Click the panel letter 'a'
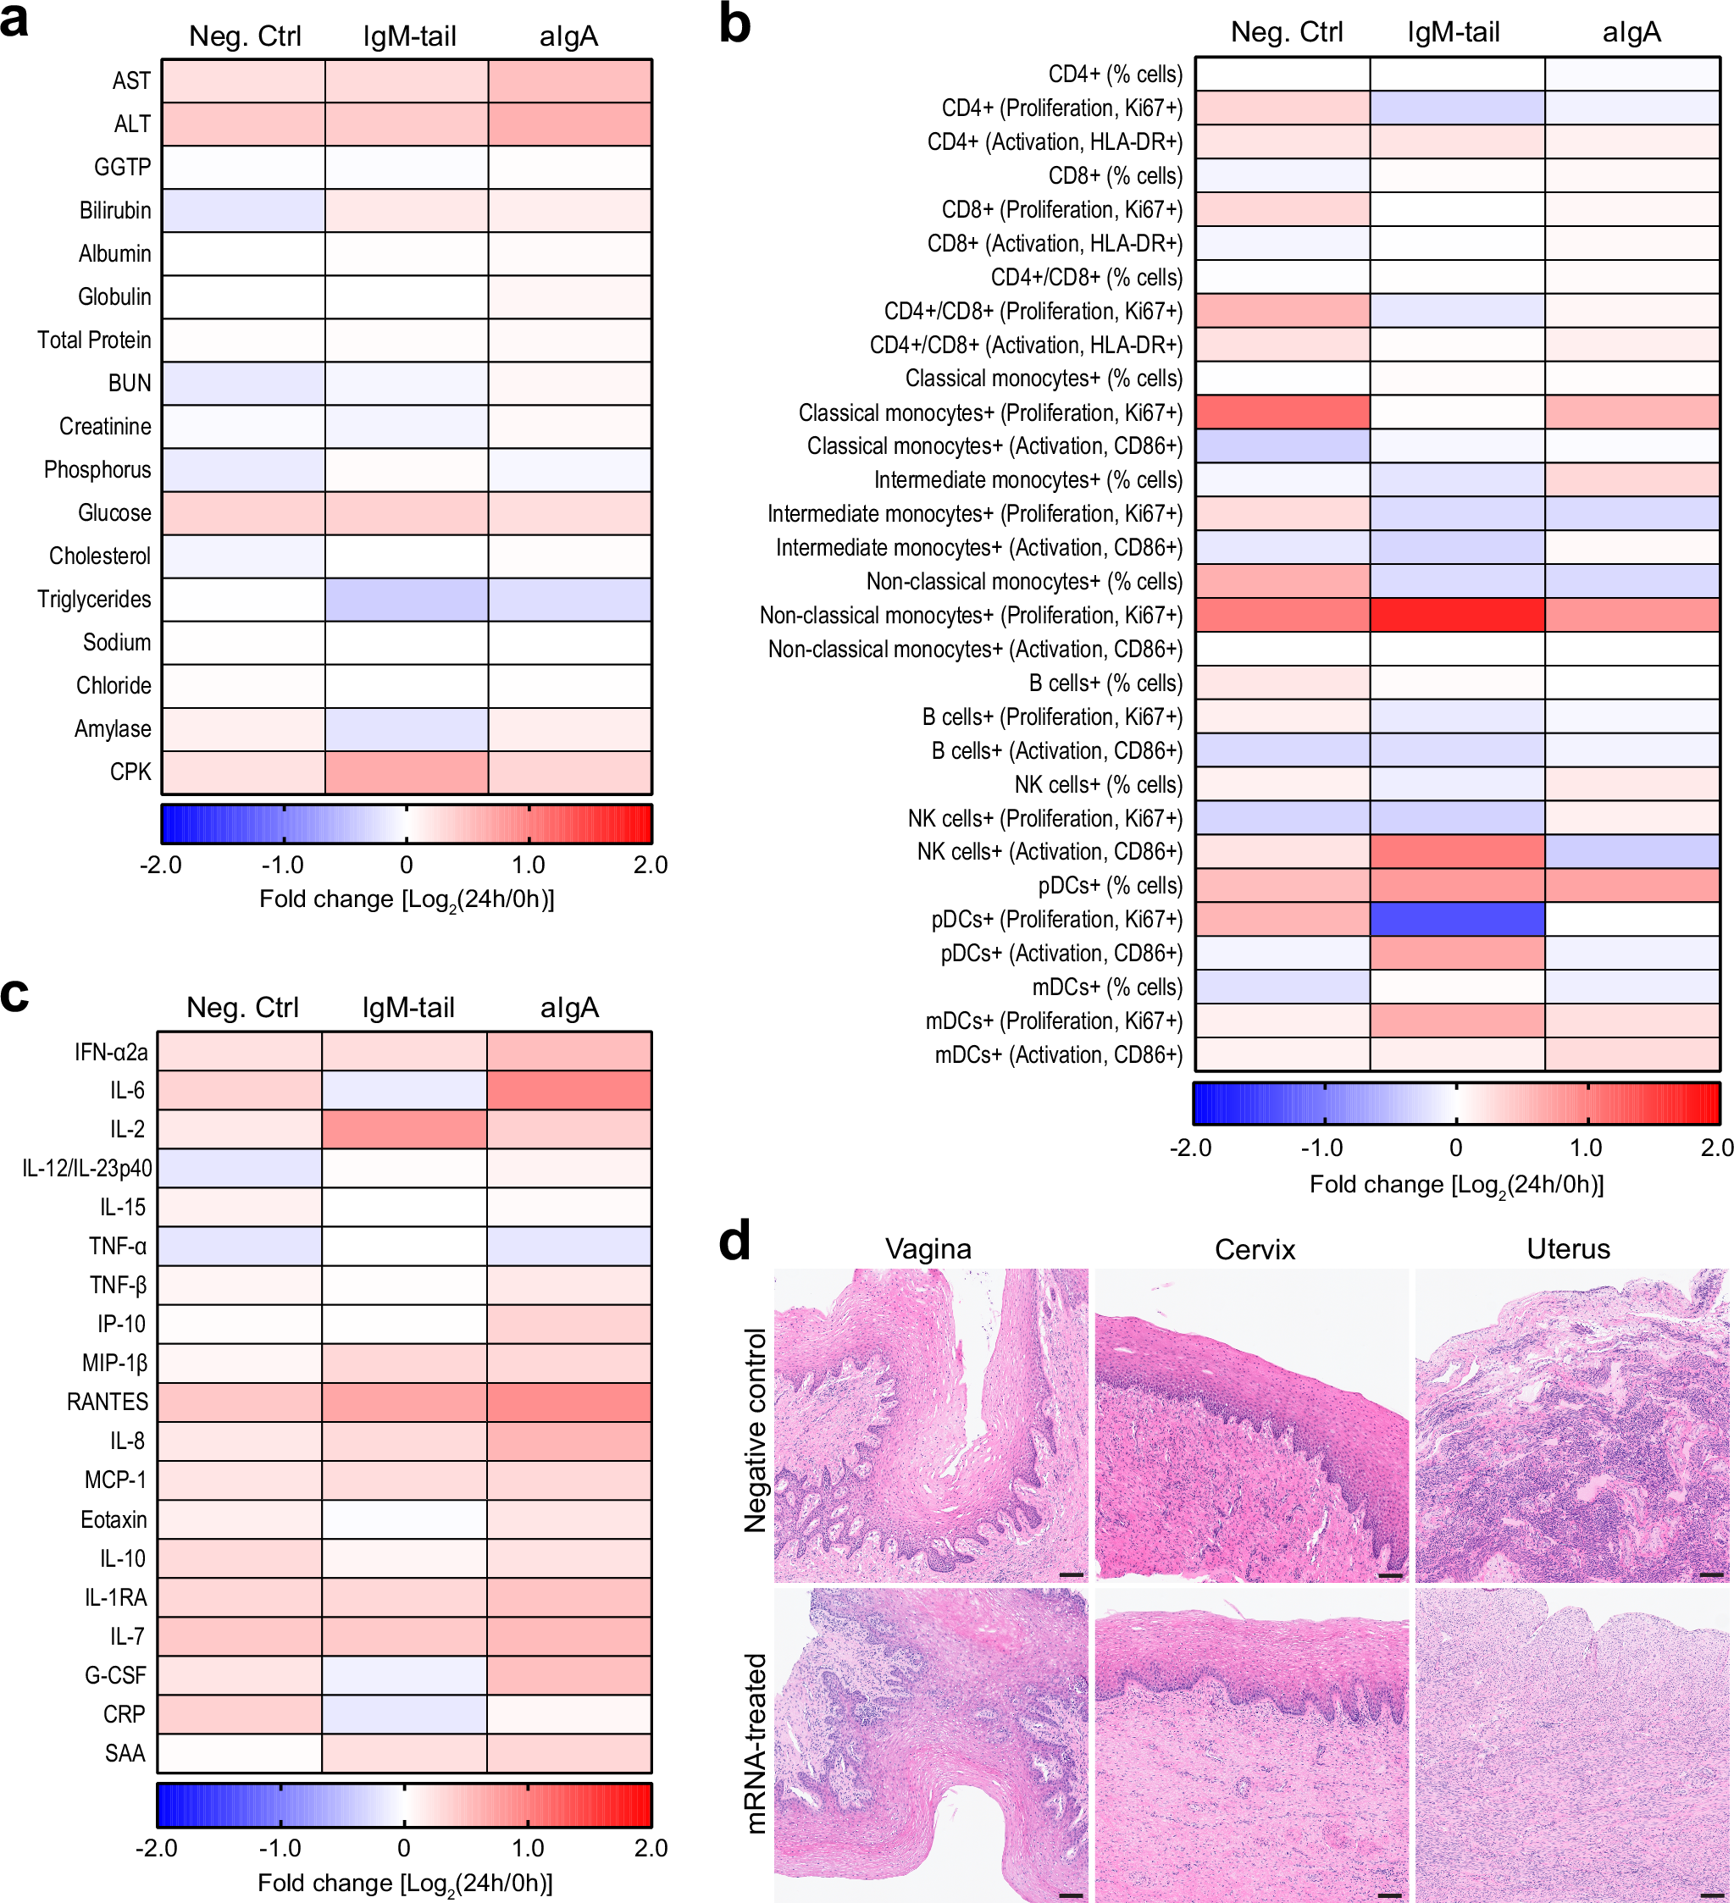click(14, 21)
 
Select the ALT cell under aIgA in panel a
click(569, 124)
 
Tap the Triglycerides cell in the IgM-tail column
click(406, 600)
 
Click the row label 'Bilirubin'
click(114, 211)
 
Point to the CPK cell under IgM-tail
click(406, 772)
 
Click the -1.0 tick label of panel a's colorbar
click(281, 865)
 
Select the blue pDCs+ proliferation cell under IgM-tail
click(1455, 920)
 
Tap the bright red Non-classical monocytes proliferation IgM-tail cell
click(1455, 616)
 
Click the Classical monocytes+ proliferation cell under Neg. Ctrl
click(1281, 412)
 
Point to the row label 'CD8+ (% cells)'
click(1114, 175)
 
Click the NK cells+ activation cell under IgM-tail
click(1455, 851)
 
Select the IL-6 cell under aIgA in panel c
click(568, 1090)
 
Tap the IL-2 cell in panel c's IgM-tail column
click(404, 1129)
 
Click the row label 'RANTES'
click(107, 1402)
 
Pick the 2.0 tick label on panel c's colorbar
click(651, 1847)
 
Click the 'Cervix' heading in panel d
click(1254, 1250)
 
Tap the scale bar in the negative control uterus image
click(1710, 1574)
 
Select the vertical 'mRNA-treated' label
click(755, 1743)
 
